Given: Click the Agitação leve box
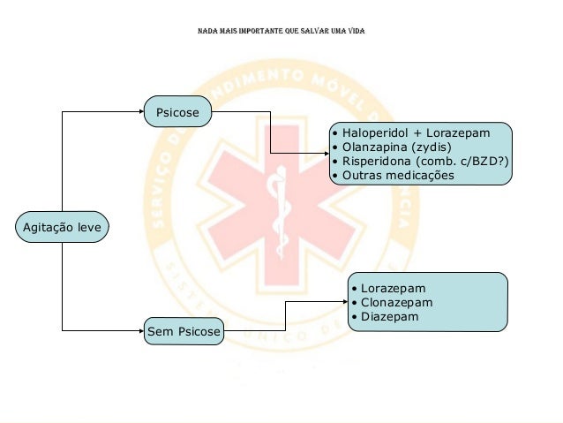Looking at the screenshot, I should point(62,228).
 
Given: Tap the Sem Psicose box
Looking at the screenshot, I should point(184,332).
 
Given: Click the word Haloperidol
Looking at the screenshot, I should point(373,133).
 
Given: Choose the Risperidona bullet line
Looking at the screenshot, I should point(419,162).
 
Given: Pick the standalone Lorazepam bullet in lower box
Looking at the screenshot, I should point(393,288).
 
